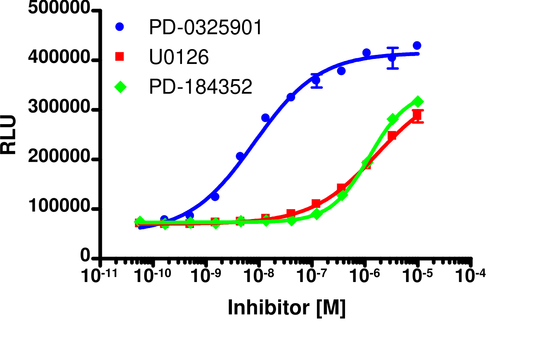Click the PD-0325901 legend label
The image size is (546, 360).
[205, 28]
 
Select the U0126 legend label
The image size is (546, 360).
[179, 58]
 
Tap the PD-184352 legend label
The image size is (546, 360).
[201, 87]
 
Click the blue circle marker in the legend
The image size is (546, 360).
[120, 27]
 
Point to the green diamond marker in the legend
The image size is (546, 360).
[120, 87]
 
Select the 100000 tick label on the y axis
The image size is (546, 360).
[59, 207]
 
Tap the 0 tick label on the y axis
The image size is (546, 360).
[85, 256]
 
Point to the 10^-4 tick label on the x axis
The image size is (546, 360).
[470, 275]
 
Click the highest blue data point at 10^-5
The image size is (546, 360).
[417, 45]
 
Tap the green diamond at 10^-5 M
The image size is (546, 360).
[418, 101]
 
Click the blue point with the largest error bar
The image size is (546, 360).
[392, 58]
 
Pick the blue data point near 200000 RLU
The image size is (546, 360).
[240, 156]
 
